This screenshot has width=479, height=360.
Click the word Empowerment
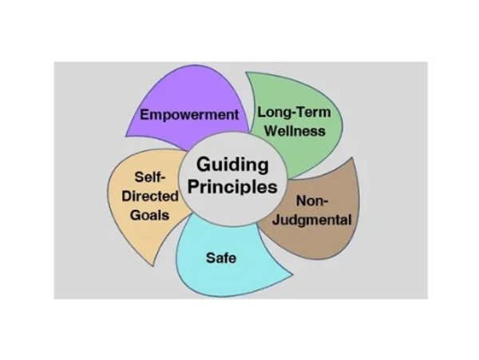189,114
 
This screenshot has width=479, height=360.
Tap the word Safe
221,258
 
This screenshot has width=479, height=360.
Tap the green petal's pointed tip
247,73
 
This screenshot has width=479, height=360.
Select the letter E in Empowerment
144,114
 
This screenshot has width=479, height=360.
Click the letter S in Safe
210,258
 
